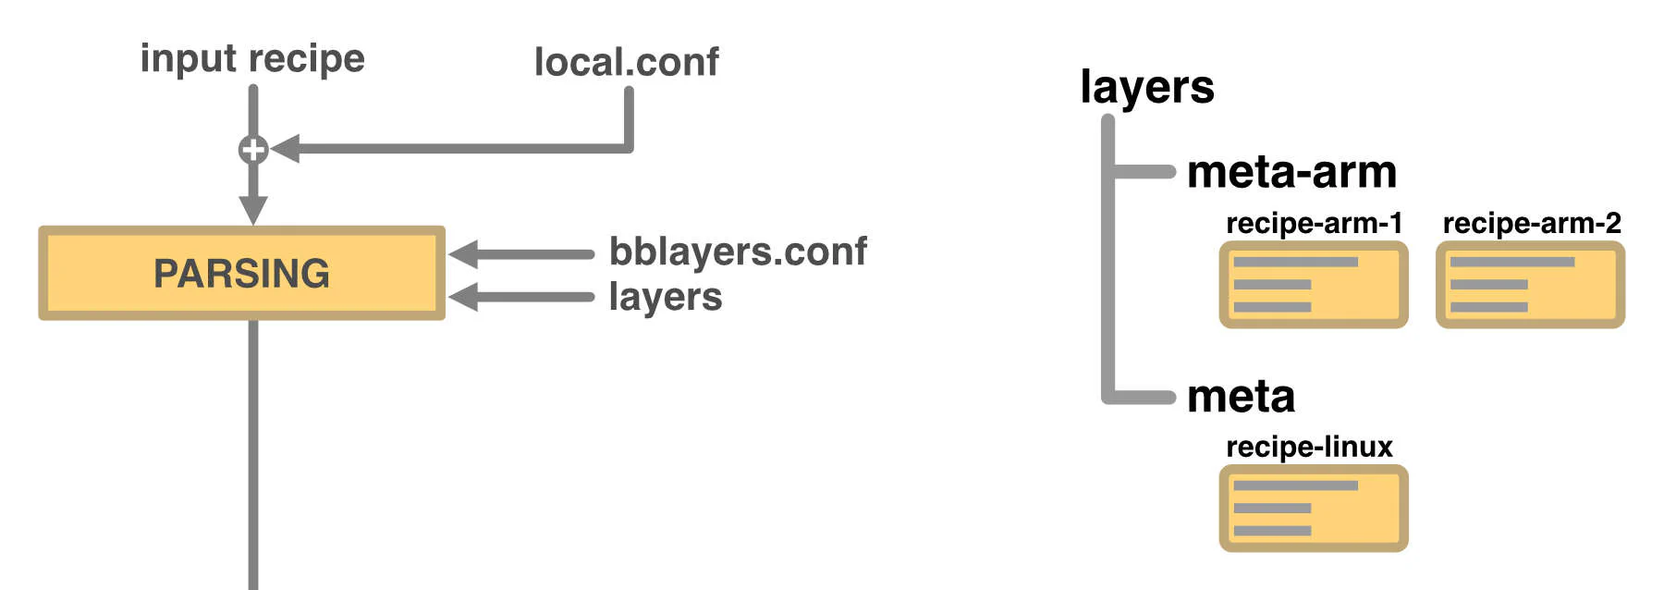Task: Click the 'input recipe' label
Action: [x=252, y=59]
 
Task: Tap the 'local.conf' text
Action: [x=626, y=63]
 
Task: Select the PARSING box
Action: [x=241, y=273]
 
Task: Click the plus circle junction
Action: [x=253, y=149]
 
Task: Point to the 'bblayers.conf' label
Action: [x=738, y=252]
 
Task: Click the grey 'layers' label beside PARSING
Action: [x=666, y=297]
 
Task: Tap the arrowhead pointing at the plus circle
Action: [x=286, y=148]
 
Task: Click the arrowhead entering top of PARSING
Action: [x=253, y=210]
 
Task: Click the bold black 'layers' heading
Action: [x=1146, y=88]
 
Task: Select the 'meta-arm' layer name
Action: [x=1291, y=172]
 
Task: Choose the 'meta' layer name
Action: [x=1241, y=397]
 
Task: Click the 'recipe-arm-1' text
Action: [x=1314, y=223]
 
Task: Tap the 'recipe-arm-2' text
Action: [x=1532, y=223]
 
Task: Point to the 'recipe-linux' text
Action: [x=1309, y=447]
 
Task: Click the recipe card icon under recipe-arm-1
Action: [x=1314, y=285]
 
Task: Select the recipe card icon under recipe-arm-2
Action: [x=1530, y=285]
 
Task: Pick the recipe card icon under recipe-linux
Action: [x=1314, y=509]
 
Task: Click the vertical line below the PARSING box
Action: [x=253, y=453]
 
